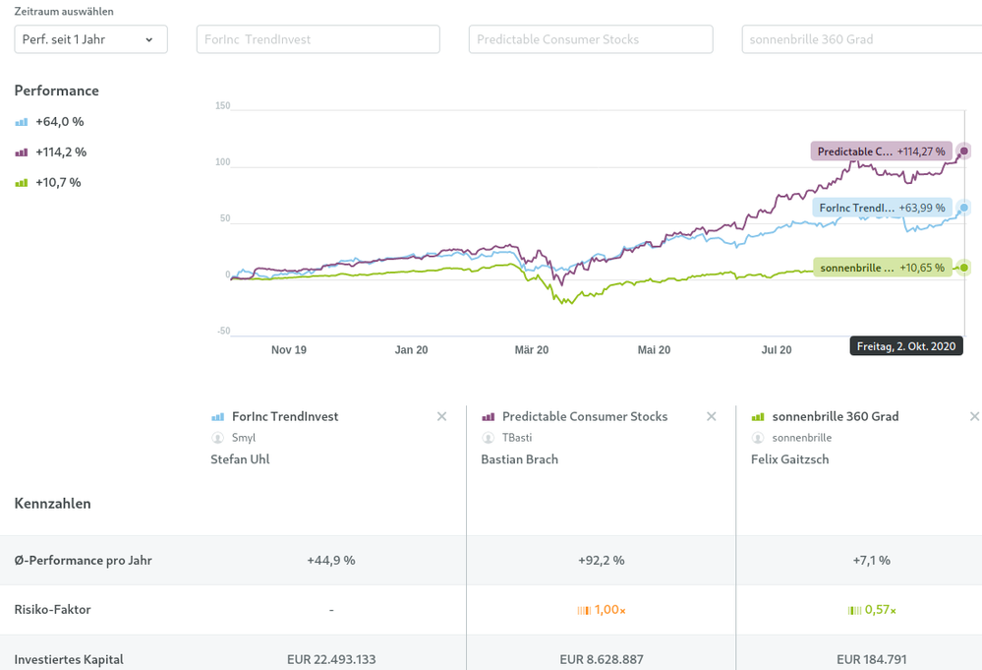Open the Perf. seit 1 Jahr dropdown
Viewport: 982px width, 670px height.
point(90,39)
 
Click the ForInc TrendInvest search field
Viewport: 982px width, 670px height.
point(318,39)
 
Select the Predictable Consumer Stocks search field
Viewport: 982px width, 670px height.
point(591,39)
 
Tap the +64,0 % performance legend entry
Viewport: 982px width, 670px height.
point(50,122)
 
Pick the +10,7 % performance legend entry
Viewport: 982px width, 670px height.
point(49,183)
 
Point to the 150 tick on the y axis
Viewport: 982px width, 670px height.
point(222,106)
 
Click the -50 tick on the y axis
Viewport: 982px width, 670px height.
point(222,332)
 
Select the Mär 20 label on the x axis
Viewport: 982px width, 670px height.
point(531,350)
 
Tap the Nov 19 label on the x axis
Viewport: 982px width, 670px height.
point(289,350)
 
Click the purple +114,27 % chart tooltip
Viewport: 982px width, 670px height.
point(881,152)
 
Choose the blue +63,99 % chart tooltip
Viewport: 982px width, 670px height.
point(881,208)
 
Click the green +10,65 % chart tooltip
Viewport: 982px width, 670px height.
point(881,268)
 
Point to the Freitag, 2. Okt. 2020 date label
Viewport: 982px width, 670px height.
point(906,346)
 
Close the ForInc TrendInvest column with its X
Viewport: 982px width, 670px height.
point(442,417)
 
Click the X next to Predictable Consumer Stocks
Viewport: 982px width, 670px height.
point(712,417)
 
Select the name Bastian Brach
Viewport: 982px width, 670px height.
point(519,459)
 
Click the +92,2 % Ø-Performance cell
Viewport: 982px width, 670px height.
point(601,561)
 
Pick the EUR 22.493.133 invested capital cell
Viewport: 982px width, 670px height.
point(331,659)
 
